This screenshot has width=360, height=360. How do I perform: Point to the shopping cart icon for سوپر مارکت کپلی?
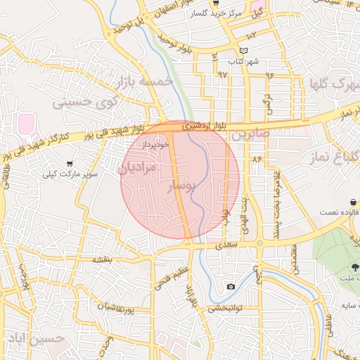coord(70,163)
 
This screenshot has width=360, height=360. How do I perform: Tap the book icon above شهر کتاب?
coord(244,51)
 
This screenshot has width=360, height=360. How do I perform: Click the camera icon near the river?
coord(231,286)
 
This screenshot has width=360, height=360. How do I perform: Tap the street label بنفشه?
coord(103,259)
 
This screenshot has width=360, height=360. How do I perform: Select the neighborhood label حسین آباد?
coord(36,339)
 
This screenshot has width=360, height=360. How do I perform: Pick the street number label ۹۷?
coord(223,74)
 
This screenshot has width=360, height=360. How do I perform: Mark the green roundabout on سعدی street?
coord(259,244)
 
